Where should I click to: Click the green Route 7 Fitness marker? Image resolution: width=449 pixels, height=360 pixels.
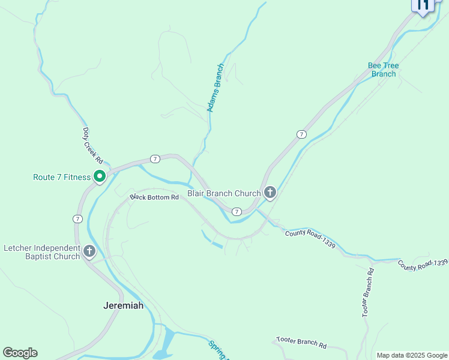(x=100, y=177)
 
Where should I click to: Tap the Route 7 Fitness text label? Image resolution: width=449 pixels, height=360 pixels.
(x=61, y=177)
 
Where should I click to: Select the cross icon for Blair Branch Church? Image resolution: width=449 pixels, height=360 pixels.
(x=270, y=193)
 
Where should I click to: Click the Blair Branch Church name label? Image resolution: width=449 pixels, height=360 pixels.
(x=224, y=193)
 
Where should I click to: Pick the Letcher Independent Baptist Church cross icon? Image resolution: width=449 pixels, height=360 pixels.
(x=89, y=251)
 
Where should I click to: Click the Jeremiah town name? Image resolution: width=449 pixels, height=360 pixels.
(x=124, y=305)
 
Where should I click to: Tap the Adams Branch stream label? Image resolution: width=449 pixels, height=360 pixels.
(x=215, y=88)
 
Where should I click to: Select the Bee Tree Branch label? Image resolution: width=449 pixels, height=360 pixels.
(x=384, y=70)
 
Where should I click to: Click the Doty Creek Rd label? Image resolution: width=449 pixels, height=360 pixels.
(x=93, y=146)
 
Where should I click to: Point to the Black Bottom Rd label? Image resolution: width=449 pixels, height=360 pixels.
(x=155, y=197)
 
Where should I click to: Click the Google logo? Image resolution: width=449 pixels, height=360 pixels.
(x=20, y=353)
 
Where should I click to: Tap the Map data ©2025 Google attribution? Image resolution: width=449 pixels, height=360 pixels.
(x=411, y=355)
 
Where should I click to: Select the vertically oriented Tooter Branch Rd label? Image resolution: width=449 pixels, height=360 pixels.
(x=368, y=292)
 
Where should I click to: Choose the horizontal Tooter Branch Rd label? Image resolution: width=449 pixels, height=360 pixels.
(x=301, y=343)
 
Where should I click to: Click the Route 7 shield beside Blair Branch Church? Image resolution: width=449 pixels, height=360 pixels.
(x=237, y=212)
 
